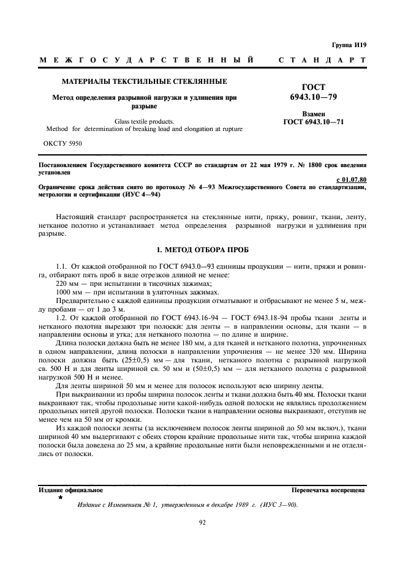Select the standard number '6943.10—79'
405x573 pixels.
(312, 97)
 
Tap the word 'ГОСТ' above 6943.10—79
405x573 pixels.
(312, 87)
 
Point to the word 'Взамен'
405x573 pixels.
(313, 114)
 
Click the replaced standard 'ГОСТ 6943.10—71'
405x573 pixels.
(313, 122)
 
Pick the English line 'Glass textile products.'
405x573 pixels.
(145, 121)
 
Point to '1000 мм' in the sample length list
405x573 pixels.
(69, 293)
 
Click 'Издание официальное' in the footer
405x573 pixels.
(71, 490)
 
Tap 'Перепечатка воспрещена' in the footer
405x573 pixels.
(328, 490)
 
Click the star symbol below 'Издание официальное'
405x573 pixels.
(60, 498)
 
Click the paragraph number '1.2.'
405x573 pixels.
(62, 316)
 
